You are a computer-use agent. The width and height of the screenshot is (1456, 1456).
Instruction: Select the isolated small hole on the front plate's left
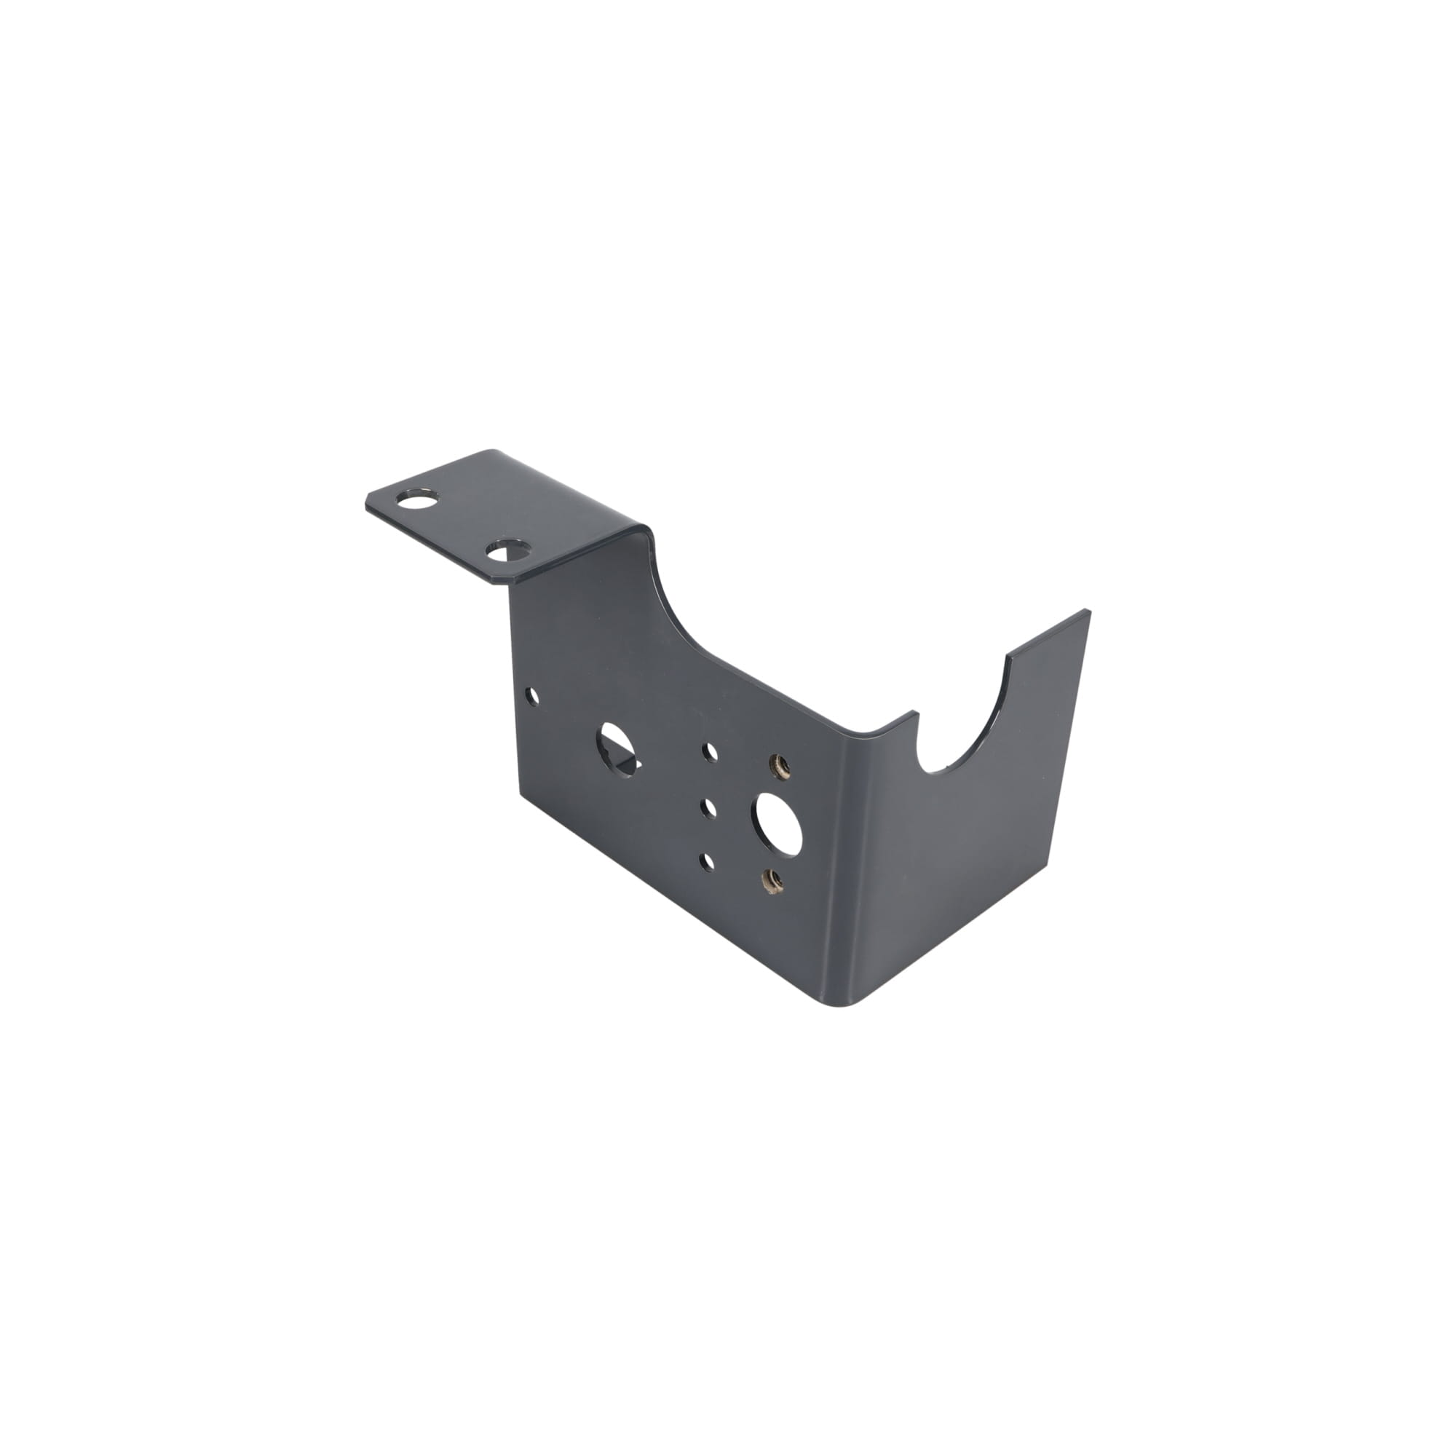(x=534, y=695)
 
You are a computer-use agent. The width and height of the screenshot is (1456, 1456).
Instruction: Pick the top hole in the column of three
(x=709, y=751)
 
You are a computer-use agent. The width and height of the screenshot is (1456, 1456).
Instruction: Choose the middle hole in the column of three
(x=708, y=807)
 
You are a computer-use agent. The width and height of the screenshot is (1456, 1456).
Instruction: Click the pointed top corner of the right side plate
(x=1088, y=612)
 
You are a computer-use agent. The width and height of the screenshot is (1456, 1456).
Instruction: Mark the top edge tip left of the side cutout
(x=916, y=711)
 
